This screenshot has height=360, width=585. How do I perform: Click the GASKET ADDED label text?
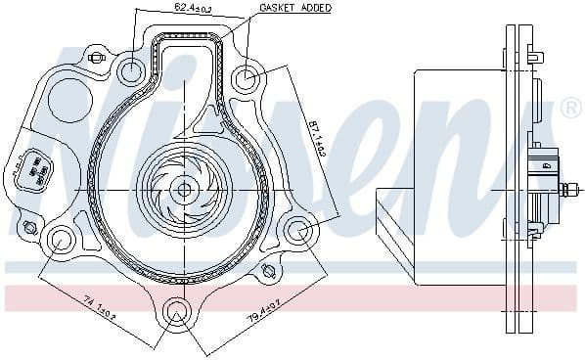[295, 8]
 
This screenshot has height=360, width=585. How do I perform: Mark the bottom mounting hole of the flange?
[176, 312]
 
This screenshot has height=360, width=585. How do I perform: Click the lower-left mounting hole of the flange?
[61, 237]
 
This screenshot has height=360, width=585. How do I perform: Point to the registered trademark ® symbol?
[570, 109]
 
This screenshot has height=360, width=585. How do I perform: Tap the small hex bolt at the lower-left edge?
[29, 227]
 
